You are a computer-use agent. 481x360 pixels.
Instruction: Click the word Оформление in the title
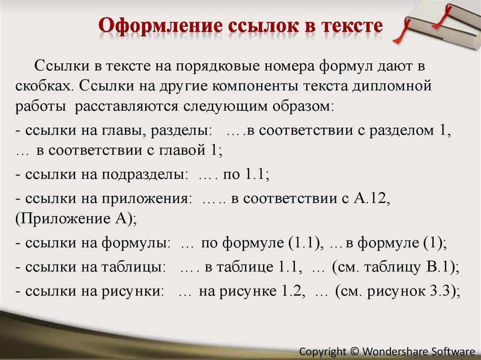click(x=161, y=25)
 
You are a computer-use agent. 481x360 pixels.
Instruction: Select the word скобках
click(x=43, y=86)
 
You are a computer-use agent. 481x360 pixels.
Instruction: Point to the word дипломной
click(x=392, y=86)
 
